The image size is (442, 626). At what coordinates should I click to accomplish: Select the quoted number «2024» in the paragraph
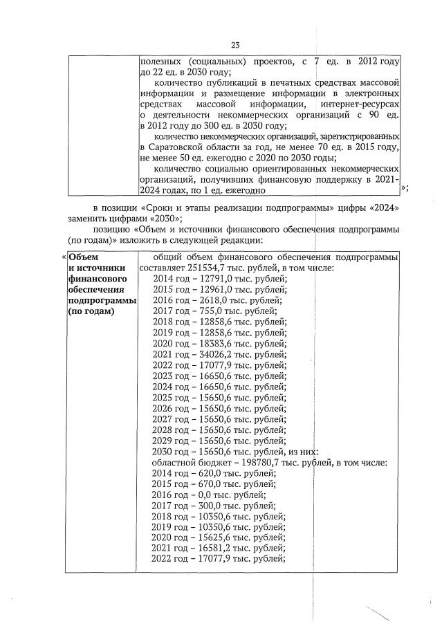click(384, 208)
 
